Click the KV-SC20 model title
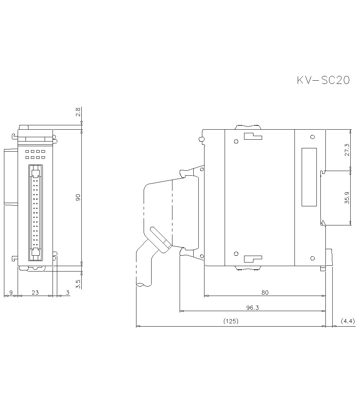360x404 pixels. (x=323, y=80)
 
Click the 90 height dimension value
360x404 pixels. (x=78, y=197)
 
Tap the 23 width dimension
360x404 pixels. (x=35, y=292)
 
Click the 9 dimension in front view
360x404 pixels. (x=10, y=292)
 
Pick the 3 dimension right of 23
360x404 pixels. (x=68, y=292)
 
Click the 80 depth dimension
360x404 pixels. (x=265, y=292)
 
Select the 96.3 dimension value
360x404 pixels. (x=253, y=308)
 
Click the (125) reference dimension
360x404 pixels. (x=231, y=321)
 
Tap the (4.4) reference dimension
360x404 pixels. (x=347, y=321)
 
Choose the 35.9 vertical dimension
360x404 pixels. (x=347, y=198)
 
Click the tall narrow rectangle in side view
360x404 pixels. (x=309, y=177)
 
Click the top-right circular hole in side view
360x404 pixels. (x=312, y=137)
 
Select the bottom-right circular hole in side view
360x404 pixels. (x=312, y=258)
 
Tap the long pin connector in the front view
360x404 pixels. (x=35, y=212)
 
